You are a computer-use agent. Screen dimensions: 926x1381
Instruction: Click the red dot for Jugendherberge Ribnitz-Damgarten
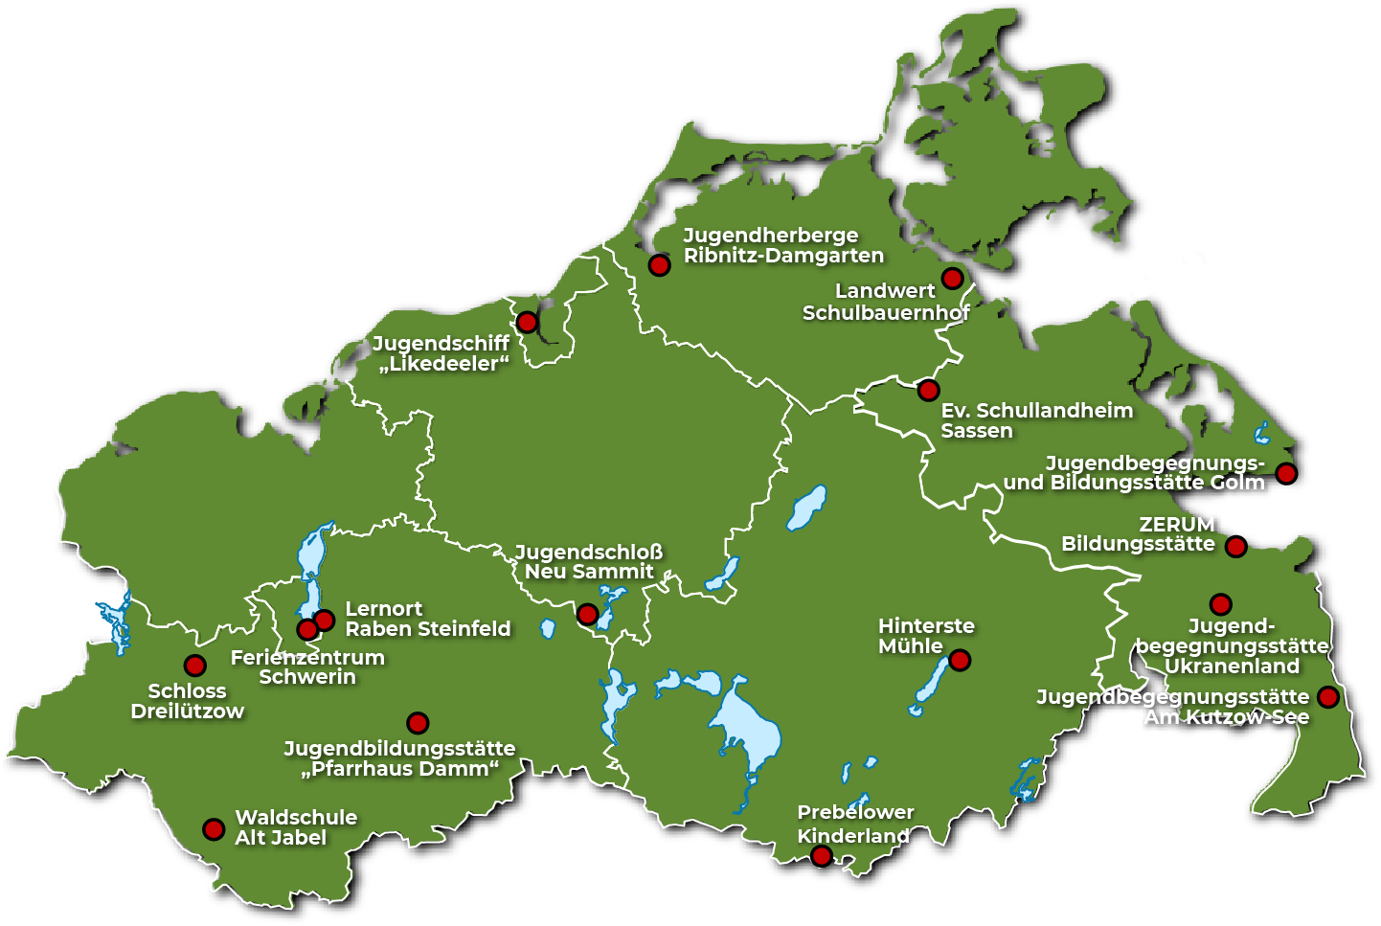point(659,265)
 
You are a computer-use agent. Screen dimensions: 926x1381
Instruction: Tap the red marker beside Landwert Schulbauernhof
point(952,279)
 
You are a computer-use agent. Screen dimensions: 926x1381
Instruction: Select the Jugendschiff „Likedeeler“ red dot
point(527,323)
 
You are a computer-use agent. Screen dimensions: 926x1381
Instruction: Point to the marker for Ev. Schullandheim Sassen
point(928,390)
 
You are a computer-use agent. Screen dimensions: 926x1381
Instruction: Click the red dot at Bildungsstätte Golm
point(1286,473)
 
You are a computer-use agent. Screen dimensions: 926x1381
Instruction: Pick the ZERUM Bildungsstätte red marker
point(1236,547)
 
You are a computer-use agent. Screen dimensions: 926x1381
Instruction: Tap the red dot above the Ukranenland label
point(1220,604)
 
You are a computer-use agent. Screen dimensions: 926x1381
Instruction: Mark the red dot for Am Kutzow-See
point(1327,697)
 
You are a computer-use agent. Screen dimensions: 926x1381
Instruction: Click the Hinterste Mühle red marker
point(960,660)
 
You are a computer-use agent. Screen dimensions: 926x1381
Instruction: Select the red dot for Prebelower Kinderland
point(822,856)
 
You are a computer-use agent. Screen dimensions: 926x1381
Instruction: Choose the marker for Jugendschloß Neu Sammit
point(587,614)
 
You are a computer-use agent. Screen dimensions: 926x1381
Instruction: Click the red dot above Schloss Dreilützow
point(194,666)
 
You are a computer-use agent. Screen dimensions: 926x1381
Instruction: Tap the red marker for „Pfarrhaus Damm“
point(418,723)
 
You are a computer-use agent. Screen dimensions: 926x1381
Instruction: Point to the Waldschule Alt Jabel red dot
point(214,828)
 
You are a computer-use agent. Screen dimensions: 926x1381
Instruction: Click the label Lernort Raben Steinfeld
point(427,619)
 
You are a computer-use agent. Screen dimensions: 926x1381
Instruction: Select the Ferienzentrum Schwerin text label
point(307,667)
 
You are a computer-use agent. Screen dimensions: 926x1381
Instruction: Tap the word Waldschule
point(296,818)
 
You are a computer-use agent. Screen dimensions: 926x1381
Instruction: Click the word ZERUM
point(1177,525)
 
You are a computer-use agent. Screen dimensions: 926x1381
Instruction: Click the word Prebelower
point(855,812)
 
